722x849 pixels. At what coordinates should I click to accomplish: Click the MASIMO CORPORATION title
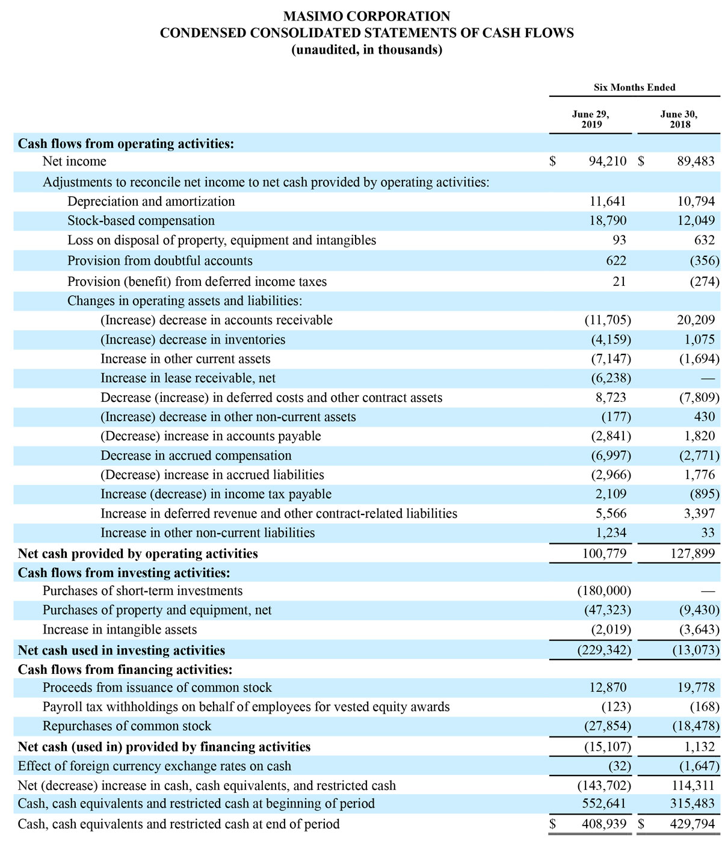[366, 16]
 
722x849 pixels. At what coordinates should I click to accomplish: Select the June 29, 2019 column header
[590, 119]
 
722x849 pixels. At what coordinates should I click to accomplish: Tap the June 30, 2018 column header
[679, 119]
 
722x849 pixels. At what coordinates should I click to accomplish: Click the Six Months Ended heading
[634, 87]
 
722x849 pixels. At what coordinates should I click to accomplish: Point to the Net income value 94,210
[607, 161]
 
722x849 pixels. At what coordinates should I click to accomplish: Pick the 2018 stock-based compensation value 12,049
[696, 221]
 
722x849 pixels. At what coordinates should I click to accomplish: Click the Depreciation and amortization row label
[151, 202]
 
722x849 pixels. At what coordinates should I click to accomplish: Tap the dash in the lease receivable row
[708, 378]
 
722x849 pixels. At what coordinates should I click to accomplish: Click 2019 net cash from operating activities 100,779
[604, 554]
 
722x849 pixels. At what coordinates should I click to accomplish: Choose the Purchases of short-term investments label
[143, 591]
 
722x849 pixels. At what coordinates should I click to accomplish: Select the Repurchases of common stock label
[126, 726]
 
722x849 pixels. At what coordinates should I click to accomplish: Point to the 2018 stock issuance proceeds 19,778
[696, 688]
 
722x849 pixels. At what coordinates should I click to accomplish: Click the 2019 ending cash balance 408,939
[604, 824]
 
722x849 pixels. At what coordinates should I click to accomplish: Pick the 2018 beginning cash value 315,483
[693, 804]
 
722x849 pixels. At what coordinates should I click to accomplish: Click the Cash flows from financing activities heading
[125, 670]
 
